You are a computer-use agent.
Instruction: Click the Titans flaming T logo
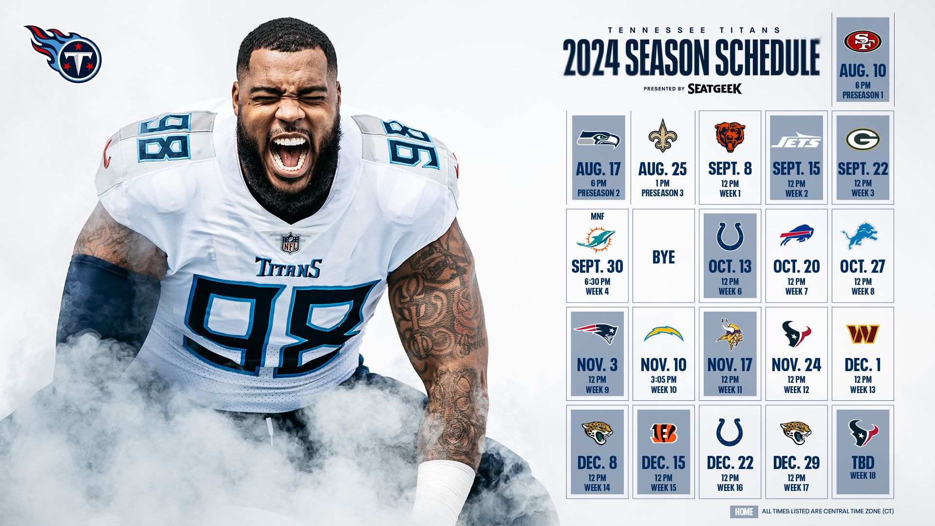pos(63,54)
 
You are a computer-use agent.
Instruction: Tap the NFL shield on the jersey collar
pos(290,243)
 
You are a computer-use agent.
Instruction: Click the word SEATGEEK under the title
pos(714,89)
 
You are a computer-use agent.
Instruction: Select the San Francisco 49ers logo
pos(862,41)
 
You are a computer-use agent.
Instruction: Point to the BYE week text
pos(663,257)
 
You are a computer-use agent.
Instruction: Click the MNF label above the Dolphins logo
pos(597,216)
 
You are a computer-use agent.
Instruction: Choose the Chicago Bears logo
pos(729,137)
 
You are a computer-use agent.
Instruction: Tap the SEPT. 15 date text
pos(796,169)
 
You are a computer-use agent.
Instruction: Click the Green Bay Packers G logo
pos(862,139)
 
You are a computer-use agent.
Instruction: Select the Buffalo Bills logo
pos(796,236)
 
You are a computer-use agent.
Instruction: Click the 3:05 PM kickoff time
pos(663,379)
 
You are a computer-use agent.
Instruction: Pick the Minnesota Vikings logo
pos(729,334)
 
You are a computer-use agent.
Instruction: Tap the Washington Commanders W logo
pos(862,334)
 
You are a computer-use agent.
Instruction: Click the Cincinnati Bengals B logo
pos(663,433)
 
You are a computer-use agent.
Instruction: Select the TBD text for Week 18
pos(862,462)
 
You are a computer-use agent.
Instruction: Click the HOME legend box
pos(744,511)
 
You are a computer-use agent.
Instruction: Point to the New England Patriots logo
pos(596,333)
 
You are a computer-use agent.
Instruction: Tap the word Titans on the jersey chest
pos(288,267)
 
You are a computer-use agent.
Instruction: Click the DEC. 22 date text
pos(729,463)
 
